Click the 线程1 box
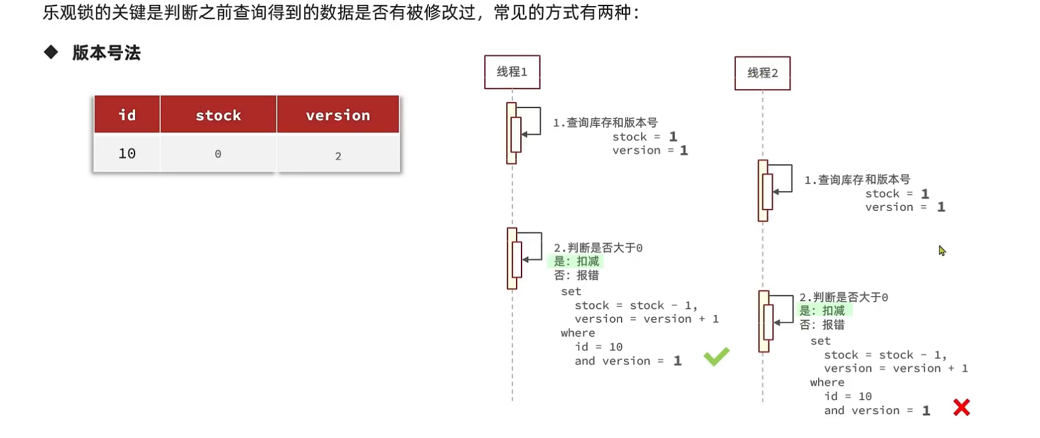pos(512,72)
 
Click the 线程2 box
pos(762,73)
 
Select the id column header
pos(127,115)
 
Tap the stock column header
pos(218,115)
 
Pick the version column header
pos(338,115)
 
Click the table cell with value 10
pos(127,154)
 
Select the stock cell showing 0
pos(218,154)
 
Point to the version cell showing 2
pos(338,156)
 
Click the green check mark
pos(716,356)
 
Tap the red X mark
pos(961,407)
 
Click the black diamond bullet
pos(51,52)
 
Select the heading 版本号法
pos(106,53)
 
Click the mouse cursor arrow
pos(942,251)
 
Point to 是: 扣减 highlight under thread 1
pos(576,262)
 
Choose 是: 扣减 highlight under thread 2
pos(822,311)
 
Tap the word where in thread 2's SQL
pos(827,383)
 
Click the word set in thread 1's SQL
pos(571,292)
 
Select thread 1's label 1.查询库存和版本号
pos(605,123)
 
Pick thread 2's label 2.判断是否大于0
pos(843,297)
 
